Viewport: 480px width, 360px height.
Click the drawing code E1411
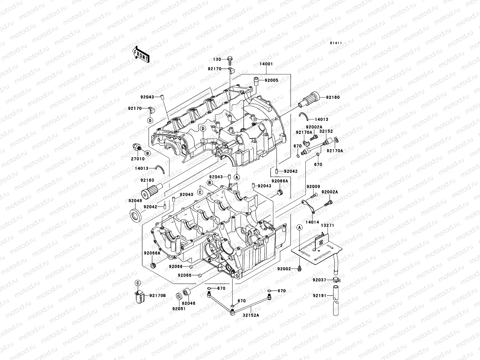click(x=336, y=43)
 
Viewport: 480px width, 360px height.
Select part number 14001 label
click(x=266, y=64)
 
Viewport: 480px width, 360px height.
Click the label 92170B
click(x=158, y=295)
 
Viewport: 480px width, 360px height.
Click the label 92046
click(x=188, y=304)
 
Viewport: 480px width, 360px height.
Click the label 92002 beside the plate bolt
click(x=284, y=269)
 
